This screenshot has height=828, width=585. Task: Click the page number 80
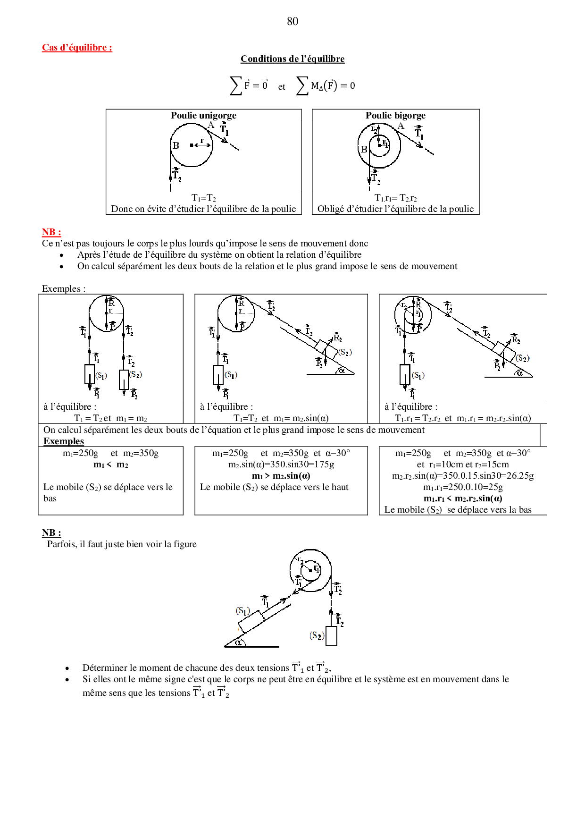tap(292, 21)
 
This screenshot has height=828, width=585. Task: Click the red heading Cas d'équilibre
tap(77, 48)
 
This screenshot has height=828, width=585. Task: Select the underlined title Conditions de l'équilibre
tap(292, 59)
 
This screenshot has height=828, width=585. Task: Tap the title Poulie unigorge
tap(203, 116)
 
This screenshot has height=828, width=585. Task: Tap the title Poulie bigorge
tap(395, 116)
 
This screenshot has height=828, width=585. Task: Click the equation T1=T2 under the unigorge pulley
tap(204, 198)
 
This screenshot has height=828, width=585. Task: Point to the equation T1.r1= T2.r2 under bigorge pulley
tap(395, 198)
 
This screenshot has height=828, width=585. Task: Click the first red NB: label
tap(51, 232)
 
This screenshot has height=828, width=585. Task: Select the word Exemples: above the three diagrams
tap(64, 289)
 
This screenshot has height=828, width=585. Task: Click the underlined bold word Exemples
tap(64, 441)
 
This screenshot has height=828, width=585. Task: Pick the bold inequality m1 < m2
tap(111, 465)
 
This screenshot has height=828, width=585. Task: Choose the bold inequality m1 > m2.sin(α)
tap(281, 476)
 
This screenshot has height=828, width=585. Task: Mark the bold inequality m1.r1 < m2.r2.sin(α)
tap(463, 498)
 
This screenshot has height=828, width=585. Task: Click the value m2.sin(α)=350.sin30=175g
tap(281, 465)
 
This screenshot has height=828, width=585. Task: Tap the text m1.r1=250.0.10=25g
tap(463, 487)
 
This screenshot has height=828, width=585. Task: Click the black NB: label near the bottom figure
tap(51, 533)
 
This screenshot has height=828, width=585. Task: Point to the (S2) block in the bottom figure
tap(331, 636)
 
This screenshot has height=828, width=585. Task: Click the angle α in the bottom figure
tap(238, 642)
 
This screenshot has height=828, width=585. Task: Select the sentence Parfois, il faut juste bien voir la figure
tap(122, 544)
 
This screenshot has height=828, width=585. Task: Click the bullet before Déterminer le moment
tap(67, 668)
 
